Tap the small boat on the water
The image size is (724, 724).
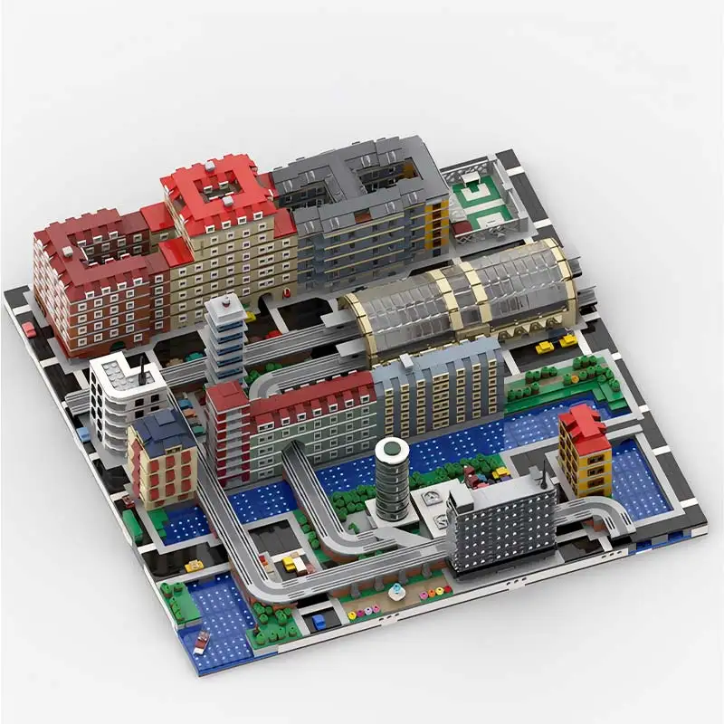(x=201, y=641)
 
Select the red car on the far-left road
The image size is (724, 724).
(x=30, y=330)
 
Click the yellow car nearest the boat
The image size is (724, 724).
(x=195, y=567)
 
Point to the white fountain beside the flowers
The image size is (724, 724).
(x=395, y=592)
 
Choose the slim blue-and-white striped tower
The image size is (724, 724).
(x=224, y=339)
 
